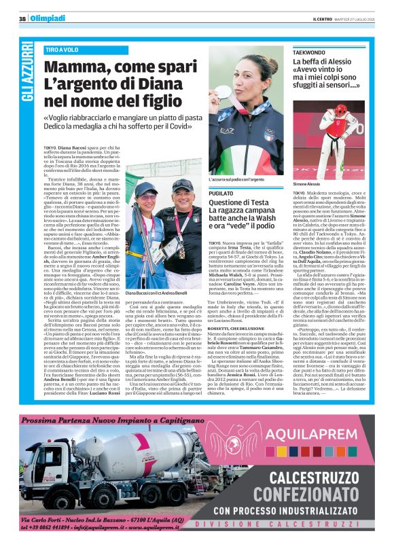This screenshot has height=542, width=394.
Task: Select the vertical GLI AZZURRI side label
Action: click(x=27, y=72)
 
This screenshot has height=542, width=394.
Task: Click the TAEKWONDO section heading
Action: click(x=310, y=52)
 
